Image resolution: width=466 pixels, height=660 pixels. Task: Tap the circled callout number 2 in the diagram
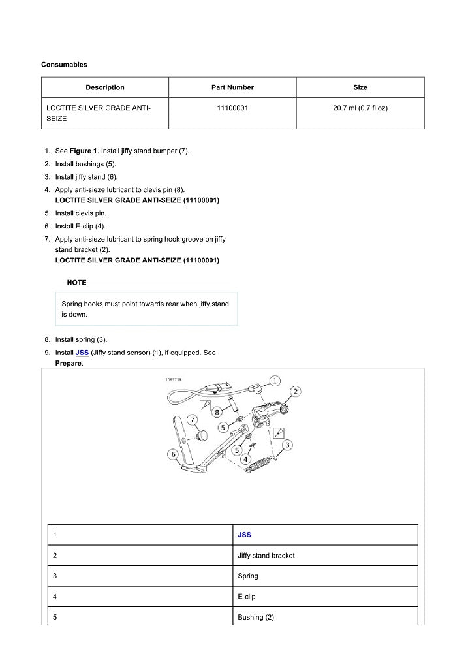tap(295, 391)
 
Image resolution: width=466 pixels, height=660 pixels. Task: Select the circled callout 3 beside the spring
tap(287, 445)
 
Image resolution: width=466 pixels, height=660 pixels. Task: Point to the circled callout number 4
tap(245, 459)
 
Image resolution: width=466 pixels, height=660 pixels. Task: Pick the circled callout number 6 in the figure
tap(173, 454)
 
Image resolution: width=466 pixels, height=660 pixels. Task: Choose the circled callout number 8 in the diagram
tap(216, 412)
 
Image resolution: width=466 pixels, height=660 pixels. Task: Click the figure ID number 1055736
tap(173, 379)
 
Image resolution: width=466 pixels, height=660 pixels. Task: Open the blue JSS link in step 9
tap(82, 353)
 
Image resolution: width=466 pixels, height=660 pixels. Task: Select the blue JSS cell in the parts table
tap(244, 535)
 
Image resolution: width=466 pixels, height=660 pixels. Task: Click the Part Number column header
tap(232, 87)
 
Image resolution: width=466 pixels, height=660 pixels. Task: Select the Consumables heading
tap(64, 65)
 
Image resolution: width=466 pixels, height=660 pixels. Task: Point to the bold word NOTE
tap(76, 283)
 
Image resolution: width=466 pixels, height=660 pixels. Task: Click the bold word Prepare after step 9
tap(69, 363)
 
